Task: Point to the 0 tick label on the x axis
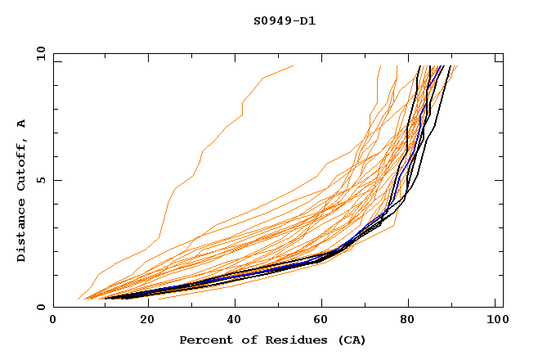tap(54, 322)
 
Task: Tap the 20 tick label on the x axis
tap(142, 322)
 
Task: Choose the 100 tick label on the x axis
tap(495, 322)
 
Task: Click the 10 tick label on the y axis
tap(40, 53)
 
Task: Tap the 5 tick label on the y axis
tap(43, 180)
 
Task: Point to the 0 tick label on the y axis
tap(43, 307)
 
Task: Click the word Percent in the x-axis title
tap(204, 340)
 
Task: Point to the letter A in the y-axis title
tap(21, 124)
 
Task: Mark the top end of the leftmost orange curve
tap(293, 65)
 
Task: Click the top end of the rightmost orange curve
tap(456, 66)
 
